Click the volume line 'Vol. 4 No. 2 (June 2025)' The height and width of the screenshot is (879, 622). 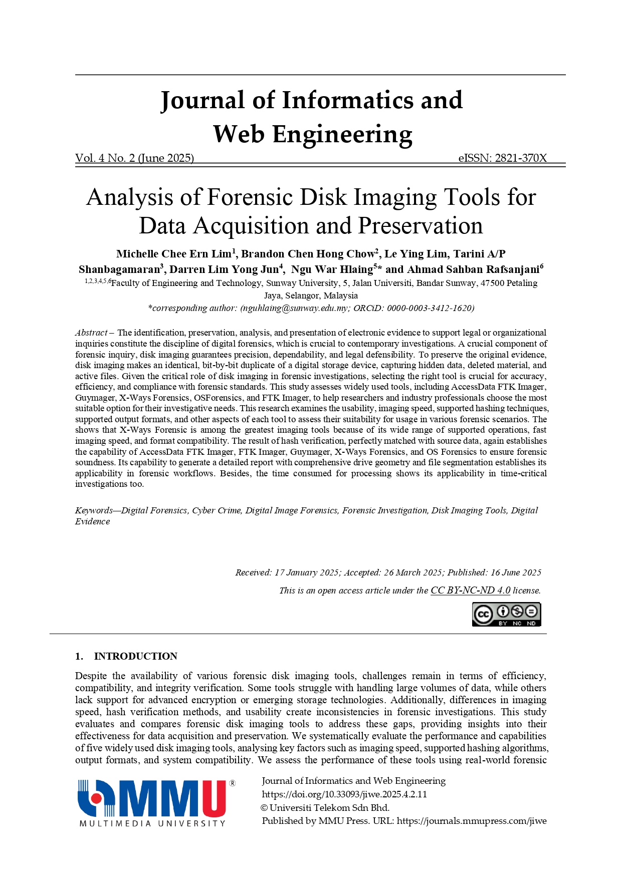[x=134, y=158]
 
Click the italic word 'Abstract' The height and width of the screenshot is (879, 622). [x=91, y=333]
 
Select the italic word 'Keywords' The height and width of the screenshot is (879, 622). [x=94, y=510]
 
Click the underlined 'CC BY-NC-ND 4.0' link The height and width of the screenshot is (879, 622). [x=470, y=591]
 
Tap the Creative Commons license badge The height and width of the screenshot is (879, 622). [x=506, y=614]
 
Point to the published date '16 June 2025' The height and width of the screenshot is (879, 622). [x=516, y=572]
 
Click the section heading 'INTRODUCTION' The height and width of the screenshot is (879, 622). [x=135, y=656]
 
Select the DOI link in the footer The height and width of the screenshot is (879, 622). [x=344, y=794]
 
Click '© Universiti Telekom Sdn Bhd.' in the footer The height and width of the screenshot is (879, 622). [x=325, y=808]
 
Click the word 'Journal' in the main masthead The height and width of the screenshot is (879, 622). [x=202, y=100]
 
